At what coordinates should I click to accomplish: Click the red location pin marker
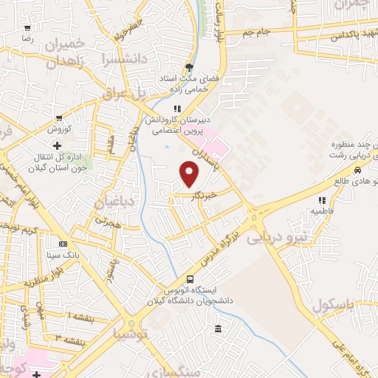(x=190, y=175)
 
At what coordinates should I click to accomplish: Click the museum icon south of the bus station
(x=217, y=329)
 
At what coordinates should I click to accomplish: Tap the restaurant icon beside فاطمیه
(x=321, y=200)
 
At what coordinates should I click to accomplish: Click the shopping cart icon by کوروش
(x=58, y=118)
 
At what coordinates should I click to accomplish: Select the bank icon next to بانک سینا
(x=63, y=244)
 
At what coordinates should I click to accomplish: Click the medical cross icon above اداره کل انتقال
(x=57, y=145)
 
